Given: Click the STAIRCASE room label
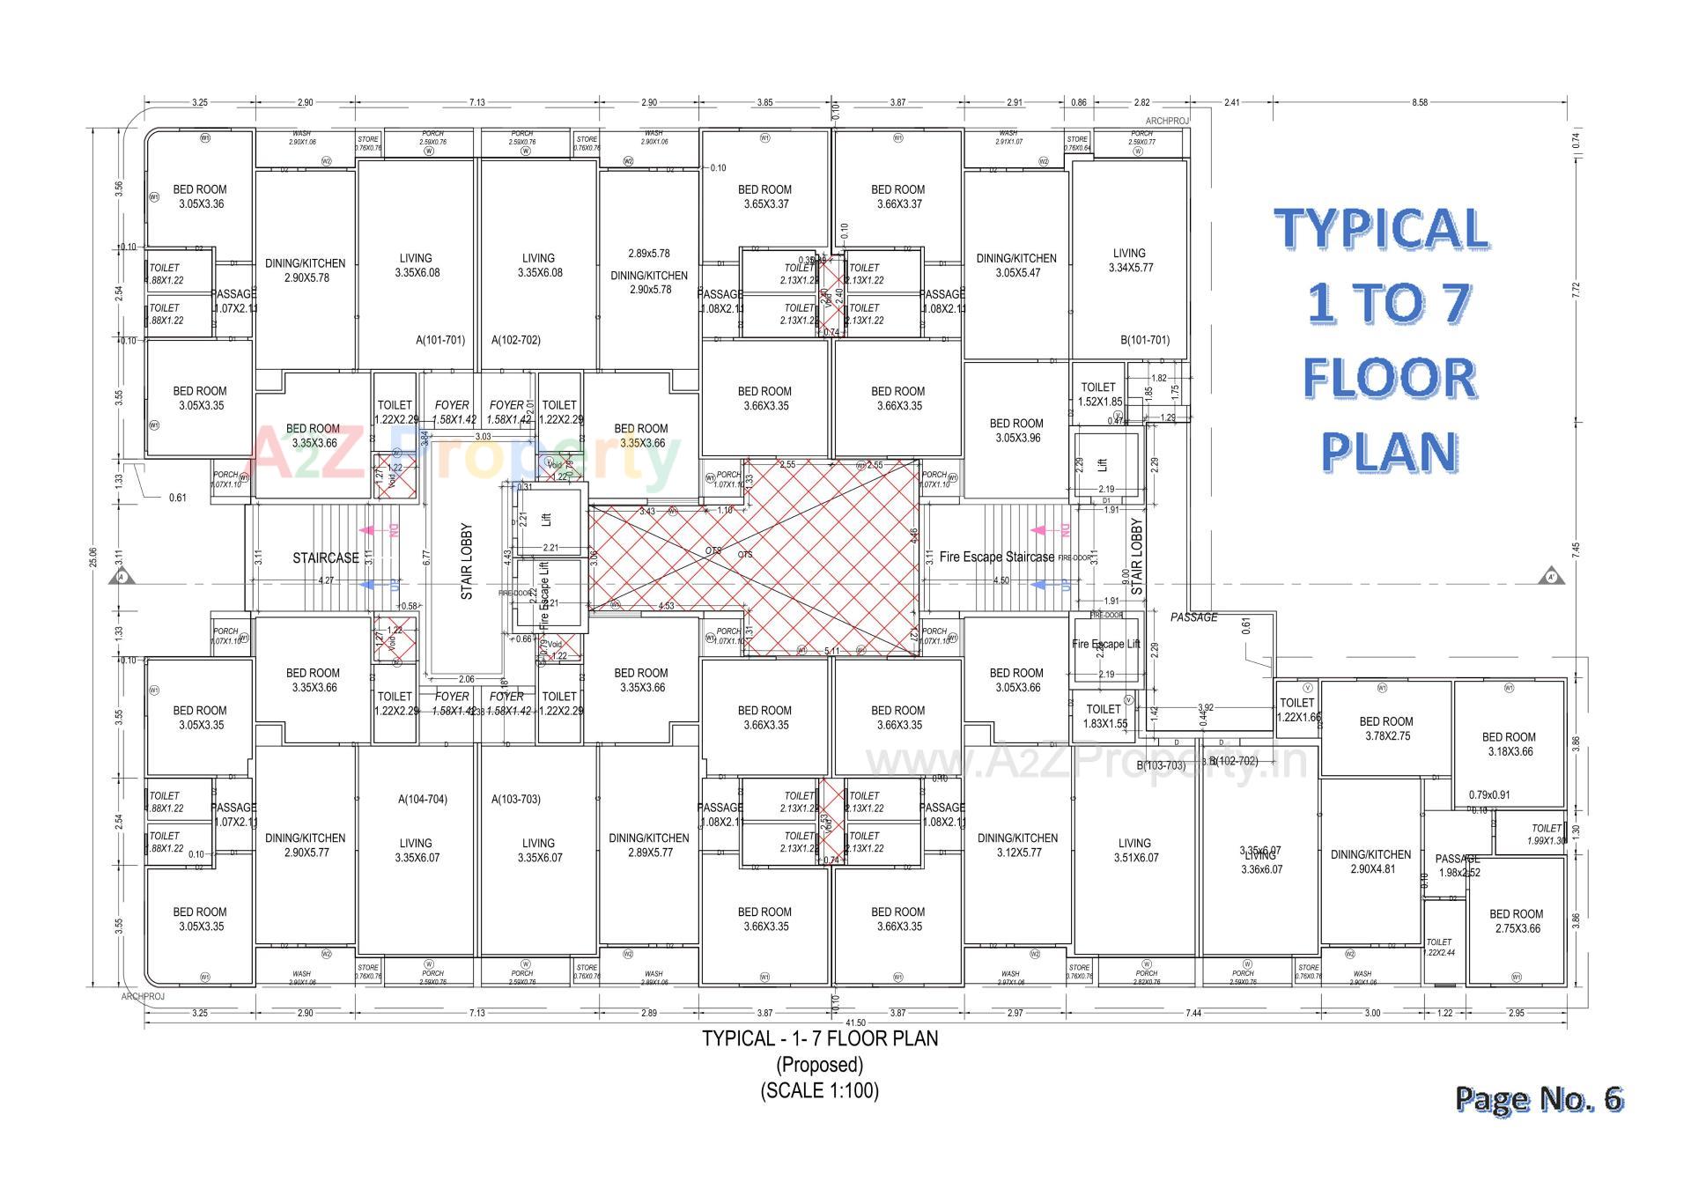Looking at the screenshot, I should (326, 558).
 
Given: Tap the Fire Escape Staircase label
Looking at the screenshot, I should (996, 557).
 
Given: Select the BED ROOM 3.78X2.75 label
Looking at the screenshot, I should (1385, 728).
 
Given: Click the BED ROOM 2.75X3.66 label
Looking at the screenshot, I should (1516, 921).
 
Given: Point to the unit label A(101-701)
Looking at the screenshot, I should (440, 340).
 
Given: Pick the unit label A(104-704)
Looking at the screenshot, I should (423, 800).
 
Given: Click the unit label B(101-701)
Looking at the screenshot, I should (1145, 340).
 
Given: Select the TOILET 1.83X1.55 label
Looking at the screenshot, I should (1104, 716).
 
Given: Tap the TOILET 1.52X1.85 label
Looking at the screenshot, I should (1098, 394).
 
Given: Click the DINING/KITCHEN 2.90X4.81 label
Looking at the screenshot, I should (1370, 861).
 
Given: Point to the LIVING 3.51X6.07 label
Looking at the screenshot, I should (1134, 850).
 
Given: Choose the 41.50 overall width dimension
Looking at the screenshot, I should (854, 1023).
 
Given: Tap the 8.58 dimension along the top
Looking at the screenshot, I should (1419, 103).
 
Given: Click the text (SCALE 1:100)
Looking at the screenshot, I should (819, 1090).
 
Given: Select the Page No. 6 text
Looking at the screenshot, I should (1538, 1098).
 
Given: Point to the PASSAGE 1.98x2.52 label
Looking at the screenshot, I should (1458, 866).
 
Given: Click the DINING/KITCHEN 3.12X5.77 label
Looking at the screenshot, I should (1016, 845).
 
